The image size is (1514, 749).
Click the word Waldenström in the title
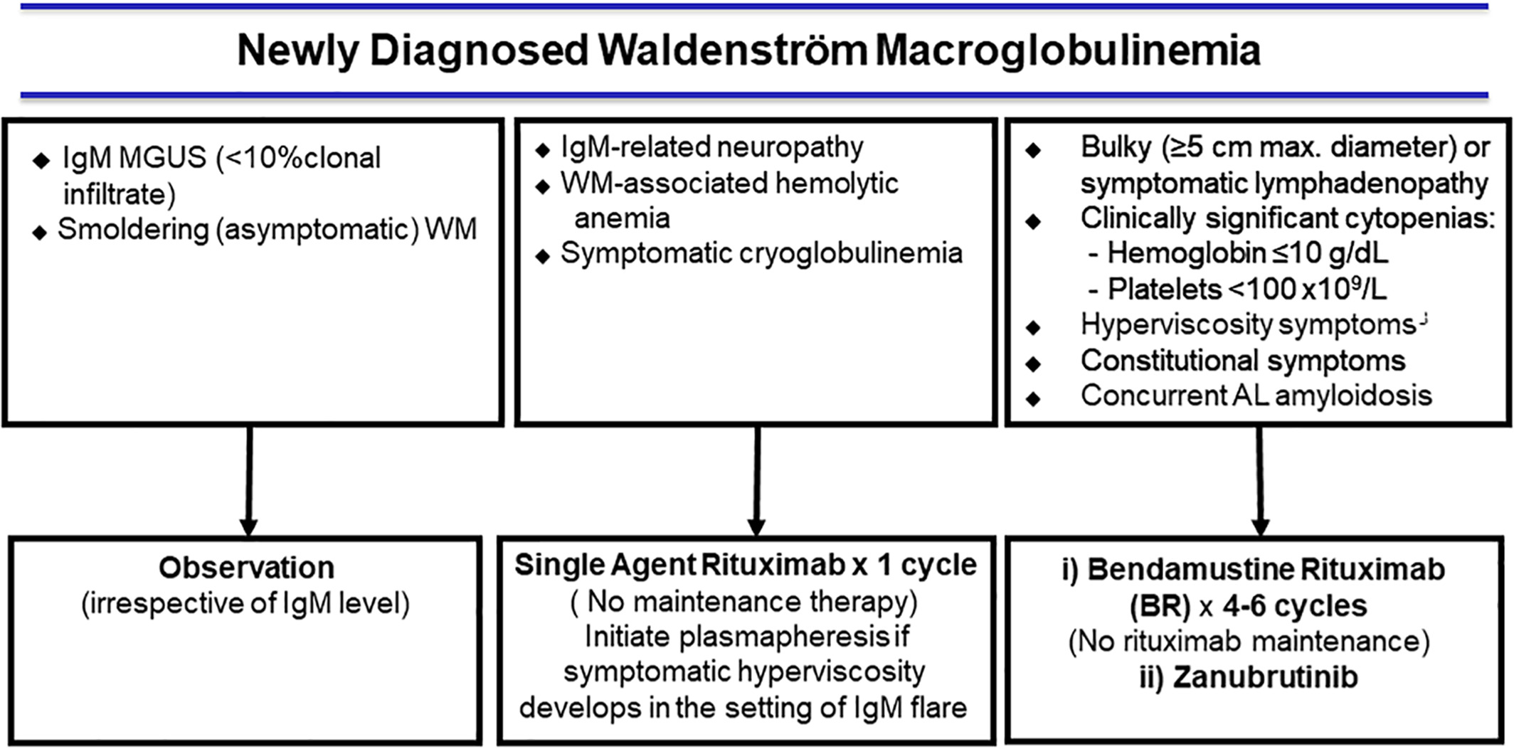click(x=732, y=51)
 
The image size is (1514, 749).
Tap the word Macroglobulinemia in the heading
click(x=1068, y=51)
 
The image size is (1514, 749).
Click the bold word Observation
click(x=246, y=568)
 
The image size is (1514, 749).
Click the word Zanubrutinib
click(x=1265, y=677)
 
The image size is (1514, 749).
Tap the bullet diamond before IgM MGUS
click(x=41, y=161)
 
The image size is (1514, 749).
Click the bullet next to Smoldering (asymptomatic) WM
click(x=40, y=233)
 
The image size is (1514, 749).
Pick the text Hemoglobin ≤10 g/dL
click(x=1246, y=253)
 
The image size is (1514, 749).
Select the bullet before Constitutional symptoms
click(x=1033, y=363)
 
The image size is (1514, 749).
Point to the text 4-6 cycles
click(x=1295, y=606)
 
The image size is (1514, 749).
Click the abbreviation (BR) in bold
click(x=1160, y=606)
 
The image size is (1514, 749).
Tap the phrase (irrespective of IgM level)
click(x=245, y=604)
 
